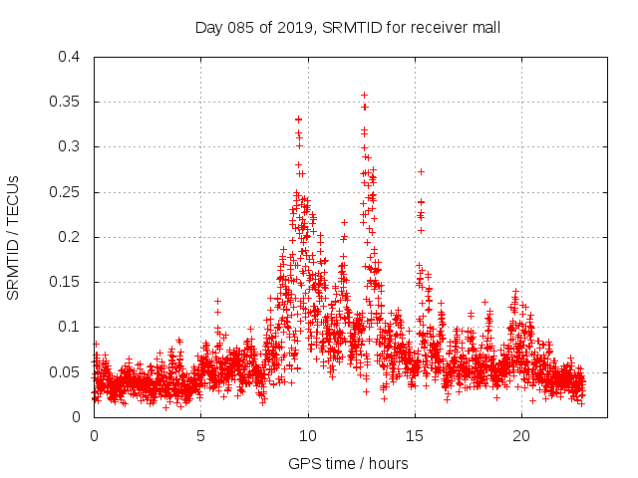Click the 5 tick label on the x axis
point(200,435)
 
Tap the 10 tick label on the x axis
point(308,435)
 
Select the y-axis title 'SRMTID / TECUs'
point(14,237)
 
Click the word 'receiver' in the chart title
point(439,27)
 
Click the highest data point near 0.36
point(364,96)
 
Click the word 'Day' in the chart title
point(208,27)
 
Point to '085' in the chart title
point(240,27)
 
